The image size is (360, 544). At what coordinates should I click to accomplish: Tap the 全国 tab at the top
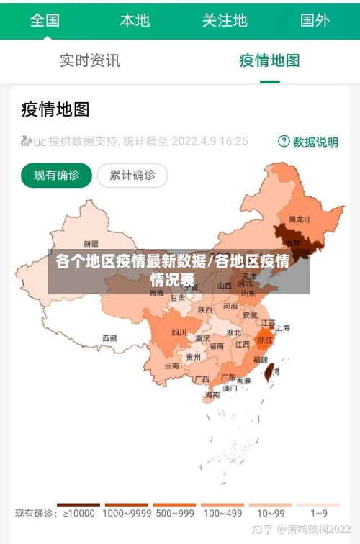[x=45, y=19]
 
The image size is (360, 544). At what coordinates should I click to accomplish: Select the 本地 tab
[x=135, y=19]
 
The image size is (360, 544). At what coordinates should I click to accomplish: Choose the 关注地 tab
[x=225, y=19]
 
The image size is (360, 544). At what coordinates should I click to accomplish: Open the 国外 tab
[x=315, y=19]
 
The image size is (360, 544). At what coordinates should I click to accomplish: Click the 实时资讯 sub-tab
[x=90, y=60]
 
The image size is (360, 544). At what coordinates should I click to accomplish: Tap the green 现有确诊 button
[x=57, y=175]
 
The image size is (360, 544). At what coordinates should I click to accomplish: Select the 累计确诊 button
[x=132, y=175]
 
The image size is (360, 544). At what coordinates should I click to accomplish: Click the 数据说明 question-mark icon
[x=284, y=141]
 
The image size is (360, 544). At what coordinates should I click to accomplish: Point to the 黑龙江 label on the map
[x=300, y=219]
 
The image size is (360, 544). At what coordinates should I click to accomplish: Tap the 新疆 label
[x=91, y=243]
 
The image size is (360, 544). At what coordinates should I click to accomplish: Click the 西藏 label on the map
[x=109, y=337]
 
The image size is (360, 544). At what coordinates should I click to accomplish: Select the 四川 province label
[x=179, y=332]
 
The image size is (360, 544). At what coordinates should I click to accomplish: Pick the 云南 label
[x=171, y=366]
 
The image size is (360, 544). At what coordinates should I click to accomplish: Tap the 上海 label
[x=283, y=327]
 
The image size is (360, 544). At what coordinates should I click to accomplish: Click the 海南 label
[x=212, y=394]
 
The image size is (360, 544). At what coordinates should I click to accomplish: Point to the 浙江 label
[x=266, y=340]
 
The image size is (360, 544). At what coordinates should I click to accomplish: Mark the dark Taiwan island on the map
[x=271, y=371]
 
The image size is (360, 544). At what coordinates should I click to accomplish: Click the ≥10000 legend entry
[x=78, y=514]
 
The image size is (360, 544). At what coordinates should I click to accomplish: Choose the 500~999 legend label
[x=174, y=514]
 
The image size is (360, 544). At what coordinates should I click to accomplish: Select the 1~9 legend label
[x=319, y=514]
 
